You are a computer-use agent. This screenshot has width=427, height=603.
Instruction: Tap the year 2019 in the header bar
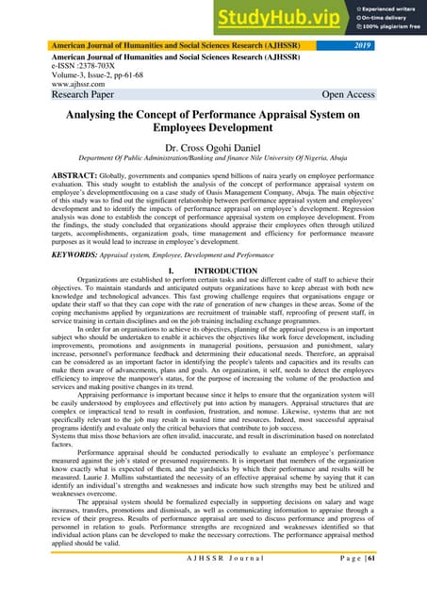click(x=394, y=43)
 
